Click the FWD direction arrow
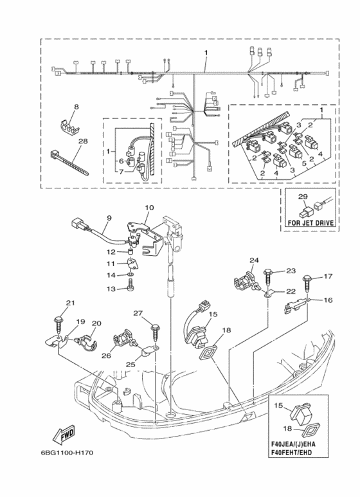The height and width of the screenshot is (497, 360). (64, 434)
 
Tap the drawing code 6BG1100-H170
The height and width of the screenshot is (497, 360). (67, 453)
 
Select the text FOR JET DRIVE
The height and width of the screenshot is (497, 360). (310, 223)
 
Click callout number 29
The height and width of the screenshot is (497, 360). (303, 197)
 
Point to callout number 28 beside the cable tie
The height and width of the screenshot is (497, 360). (83, 141)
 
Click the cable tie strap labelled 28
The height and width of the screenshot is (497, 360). (69, 163)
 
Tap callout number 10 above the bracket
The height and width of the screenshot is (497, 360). (149, 208)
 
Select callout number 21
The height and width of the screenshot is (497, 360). (70, 303)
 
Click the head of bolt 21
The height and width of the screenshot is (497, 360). (58, 318)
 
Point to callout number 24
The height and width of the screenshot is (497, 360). (254, 260)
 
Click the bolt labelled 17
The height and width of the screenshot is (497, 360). (307, 285)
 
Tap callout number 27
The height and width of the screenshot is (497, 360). (138, 314)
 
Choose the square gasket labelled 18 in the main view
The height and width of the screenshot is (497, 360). (208, 352)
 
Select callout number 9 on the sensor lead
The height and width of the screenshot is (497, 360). (109, 218)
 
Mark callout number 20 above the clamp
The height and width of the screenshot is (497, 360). (96, 323)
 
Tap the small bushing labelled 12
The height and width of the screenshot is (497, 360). (129, 252)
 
